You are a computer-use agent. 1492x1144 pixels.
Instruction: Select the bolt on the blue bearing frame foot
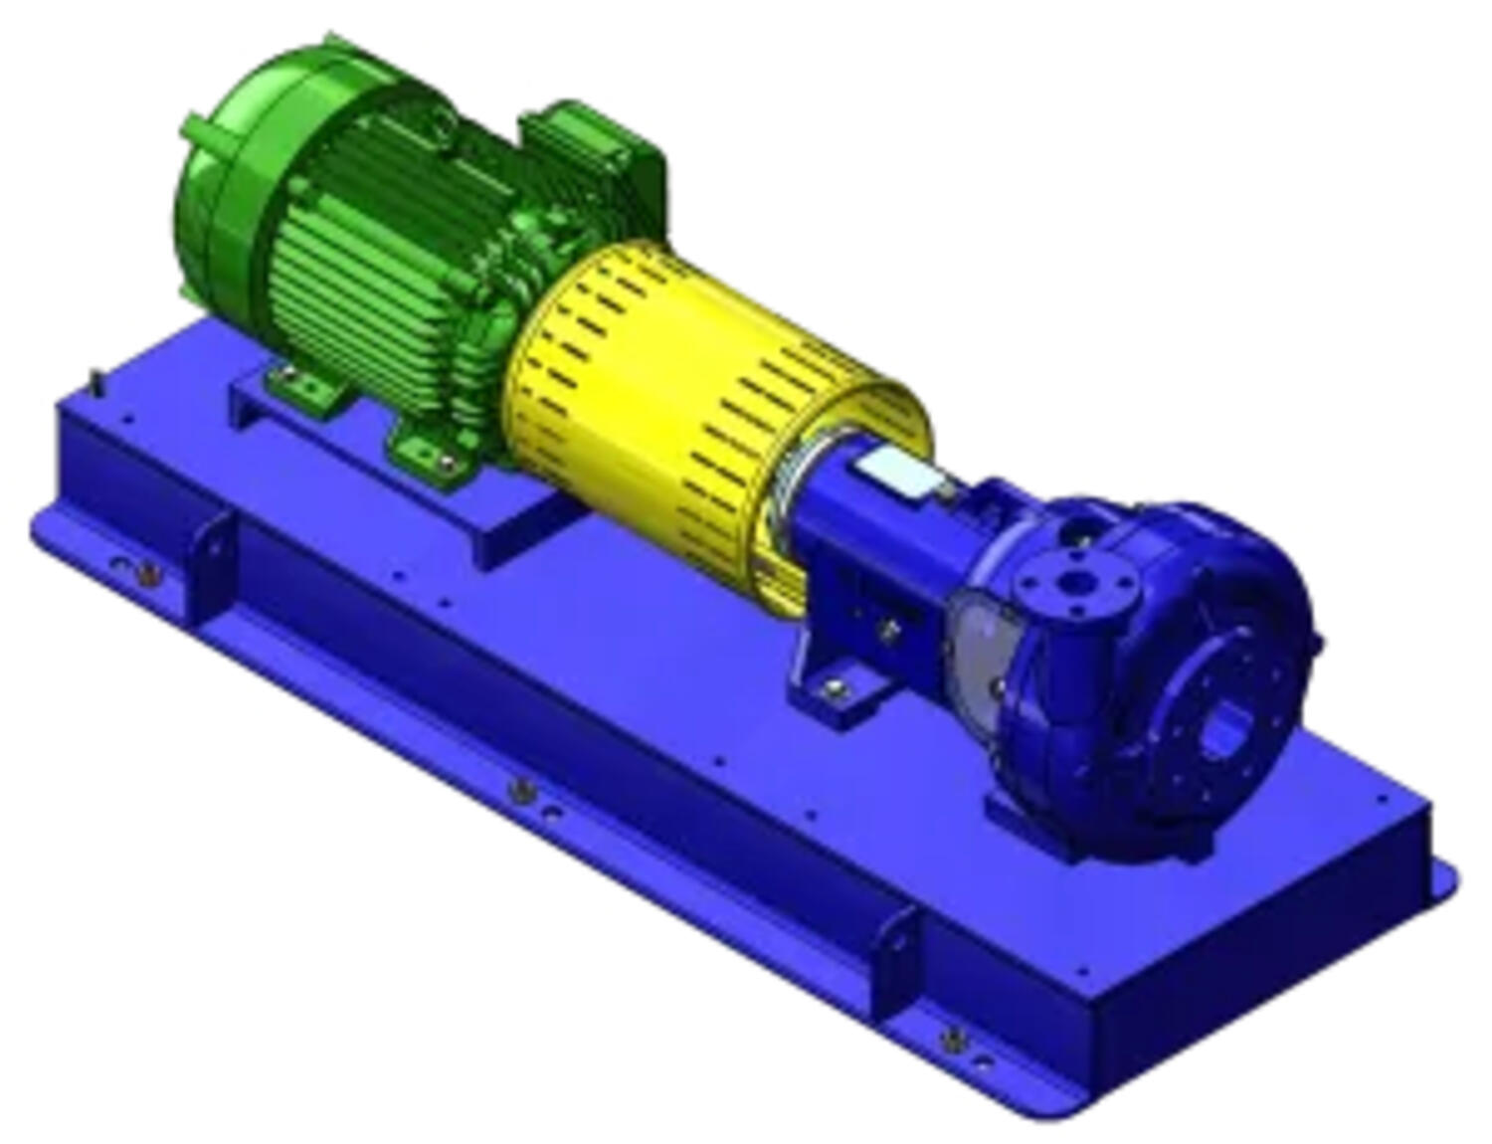coord(834,684)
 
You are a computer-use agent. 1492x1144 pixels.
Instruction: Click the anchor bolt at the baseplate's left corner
coord(147,572)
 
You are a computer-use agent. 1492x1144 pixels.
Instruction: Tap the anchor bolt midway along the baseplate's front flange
coord(518,791)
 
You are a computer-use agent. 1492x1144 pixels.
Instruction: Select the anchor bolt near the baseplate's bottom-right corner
coord(953,1040)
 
